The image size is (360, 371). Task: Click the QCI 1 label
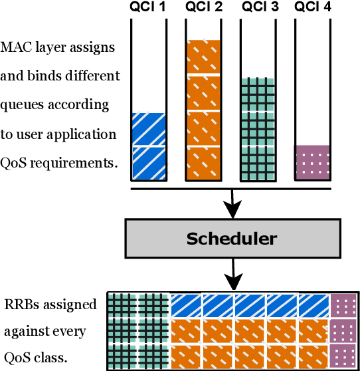148,8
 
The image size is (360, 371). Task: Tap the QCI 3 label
257,8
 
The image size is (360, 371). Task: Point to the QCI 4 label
312,8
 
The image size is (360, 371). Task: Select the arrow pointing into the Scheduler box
231,203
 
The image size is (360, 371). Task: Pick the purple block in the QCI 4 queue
312,162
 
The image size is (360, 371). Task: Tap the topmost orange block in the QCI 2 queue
203,58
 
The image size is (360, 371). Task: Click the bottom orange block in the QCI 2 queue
203,163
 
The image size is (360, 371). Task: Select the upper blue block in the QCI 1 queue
148,129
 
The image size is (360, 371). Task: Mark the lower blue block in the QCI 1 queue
148,163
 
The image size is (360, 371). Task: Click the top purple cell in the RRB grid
343,305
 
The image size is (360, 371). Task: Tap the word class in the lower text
51,357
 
